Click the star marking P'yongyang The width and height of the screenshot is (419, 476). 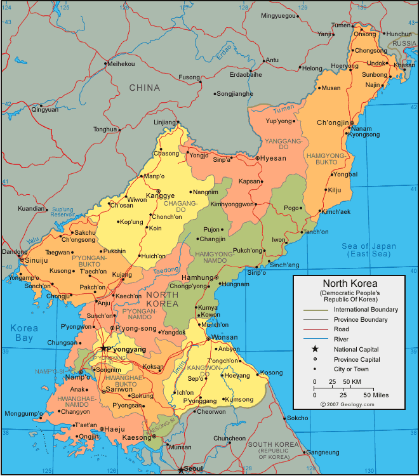click(x=103, y=348)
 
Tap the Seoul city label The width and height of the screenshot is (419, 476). click(x=194, y=468)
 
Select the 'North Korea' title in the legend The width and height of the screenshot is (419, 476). click(x=350, y=284)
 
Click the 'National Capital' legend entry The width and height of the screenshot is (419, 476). click(x=356, y=349)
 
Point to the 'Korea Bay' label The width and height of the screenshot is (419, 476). click(x=24, y=333)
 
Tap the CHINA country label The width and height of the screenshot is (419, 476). click(x=145, y=88)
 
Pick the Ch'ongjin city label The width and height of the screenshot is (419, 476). click(x=333, y=122)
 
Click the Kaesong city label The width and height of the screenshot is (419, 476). click(x=136, y=438)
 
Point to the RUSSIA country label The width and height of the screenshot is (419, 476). click(x=404, y=43)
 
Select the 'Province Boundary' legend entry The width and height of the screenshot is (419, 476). click(x=361, y=319)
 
